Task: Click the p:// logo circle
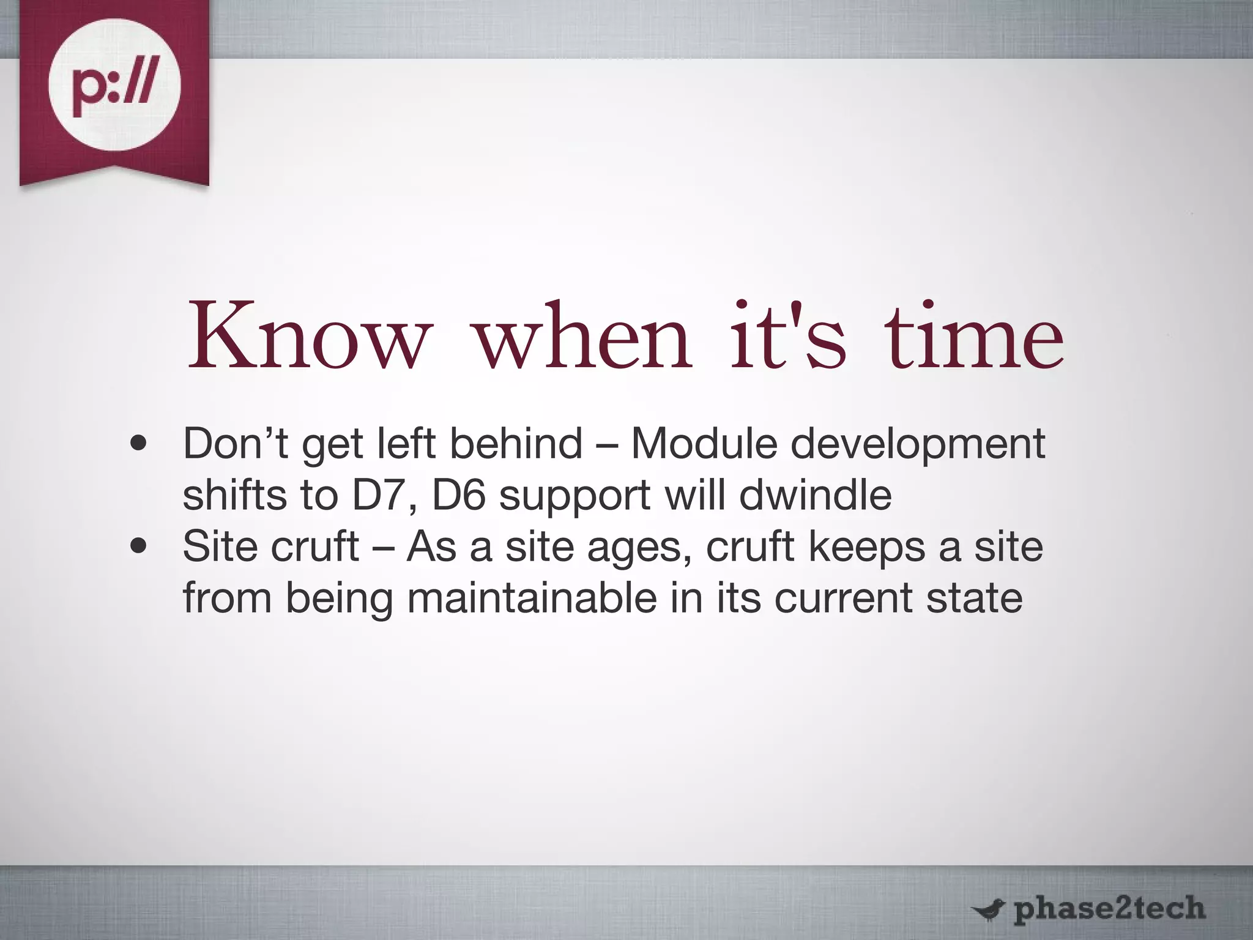[114, 85]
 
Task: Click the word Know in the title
[307, 338]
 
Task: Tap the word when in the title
[584, 338]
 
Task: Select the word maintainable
[531, 597]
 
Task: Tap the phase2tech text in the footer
[1109, 908]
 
